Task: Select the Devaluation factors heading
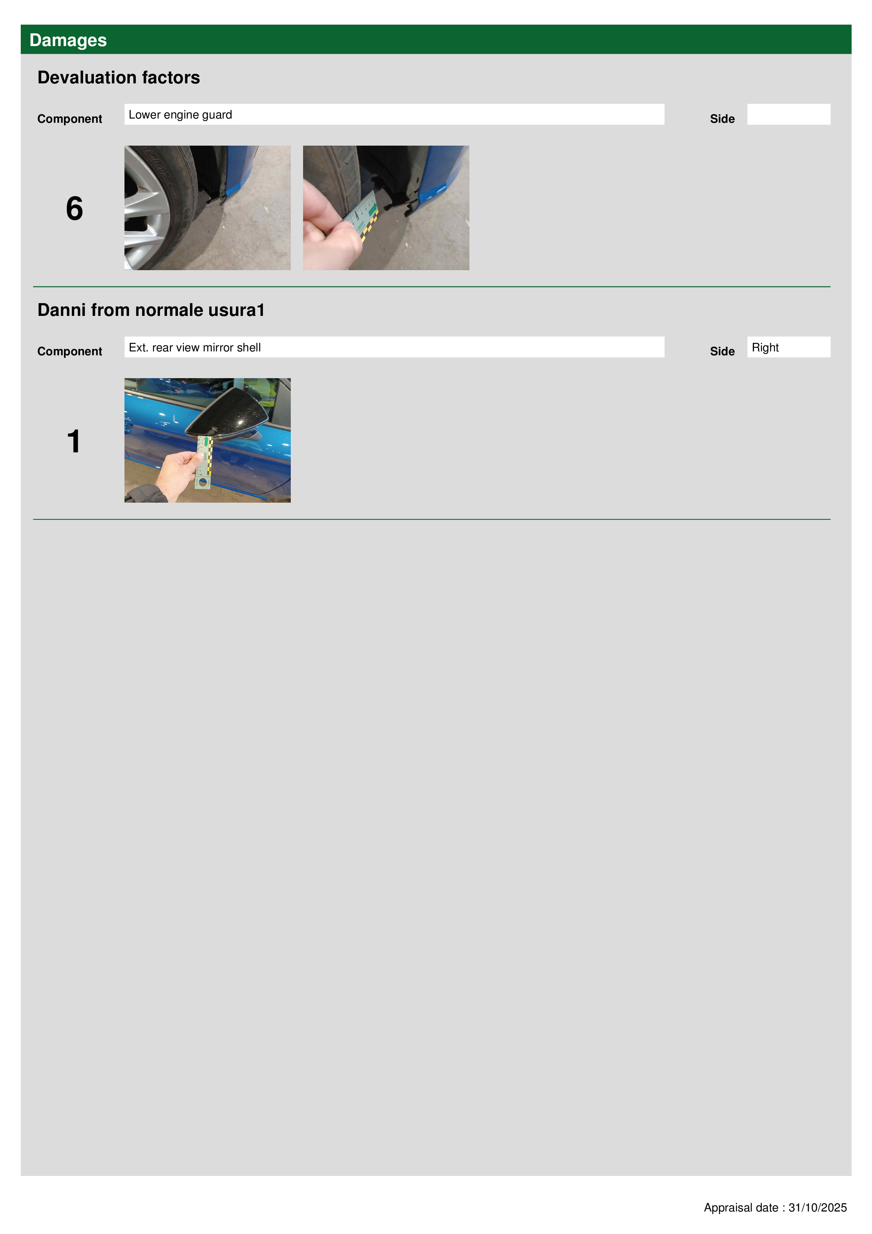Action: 119,77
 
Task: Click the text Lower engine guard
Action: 180,114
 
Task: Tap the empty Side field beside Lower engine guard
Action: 788,114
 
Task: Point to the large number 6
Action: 74,209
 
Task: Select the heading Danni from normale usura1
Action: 151,310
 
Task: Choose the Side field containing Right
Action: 788,347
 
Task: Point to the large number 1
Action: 73,441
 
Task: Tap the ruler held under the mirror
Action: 204,462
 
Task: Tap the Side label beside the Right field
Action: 722,351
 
